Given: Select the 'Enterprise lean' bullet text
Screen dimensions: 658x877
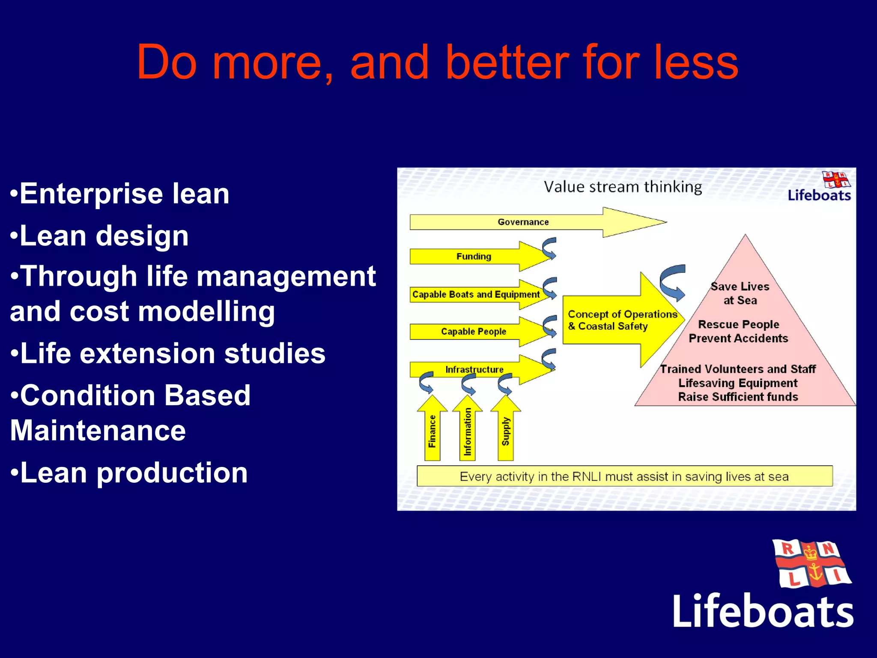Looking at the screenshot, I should (x=124, y=194).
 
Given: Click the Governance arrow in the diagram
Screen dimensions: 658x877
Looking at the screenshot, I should (x=523, y=222).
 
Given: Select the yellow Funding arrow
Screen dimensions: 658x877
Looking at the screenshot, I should (x=474, y=256).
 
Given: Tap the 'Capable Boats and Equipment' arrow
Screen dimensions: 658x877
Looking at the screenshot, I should (x=476, y=294).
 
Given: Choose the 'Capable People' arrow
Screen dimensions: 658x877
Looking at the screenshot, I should (x=474, y=332).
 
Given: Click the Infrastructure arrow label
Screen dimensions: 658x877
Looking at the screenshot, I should (x=474, y=369).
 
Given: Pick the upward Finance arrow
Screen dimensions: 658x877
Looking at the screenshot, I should (x=432, y=431).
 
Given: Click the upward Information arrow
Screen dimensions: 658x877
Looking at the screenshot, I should (x=468, y=431).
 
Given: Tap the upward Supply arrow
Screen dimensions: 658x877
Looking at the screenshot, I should (x=506, y=431).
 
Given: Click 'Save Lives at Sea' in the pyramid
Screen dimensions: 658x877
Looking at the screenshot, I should (x=740, y=293).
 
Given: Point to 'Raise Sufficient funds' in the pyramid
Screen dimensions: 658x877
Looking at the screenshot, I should (x=738, y=397).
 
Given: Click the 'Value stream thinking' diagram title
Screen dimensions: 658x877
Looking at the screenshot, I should (x=623, y=187).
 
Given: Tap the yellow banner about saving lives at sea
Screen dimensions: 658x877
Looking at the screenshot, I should (x=624, y=476).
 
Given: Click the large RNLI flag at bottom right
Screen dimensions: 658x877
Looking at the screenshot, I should (x=811, y=564).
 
